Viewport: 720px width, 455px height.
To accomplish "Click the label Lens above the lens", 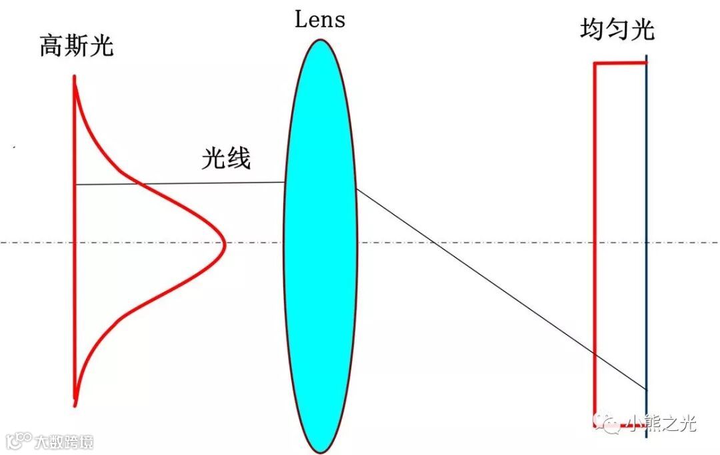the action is point(320,19).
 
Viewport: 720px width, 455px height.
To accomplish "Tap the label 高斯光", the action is point(77,47).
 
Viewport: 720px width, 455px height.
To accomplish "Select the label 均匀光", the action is point(617,31).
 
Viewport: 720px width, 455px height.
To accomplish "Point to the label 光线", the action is point(227,159).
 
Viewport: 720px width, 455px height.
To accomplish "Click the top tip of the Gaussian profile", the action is point(75,77).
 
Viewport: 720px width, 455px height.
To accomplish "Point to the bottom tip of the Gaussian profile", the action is point(75,404).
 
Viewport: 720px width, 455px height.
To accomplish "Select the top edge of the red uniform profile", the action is point(620,63).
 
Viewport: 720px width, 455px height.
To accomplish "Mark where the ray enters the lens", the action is point(285,182).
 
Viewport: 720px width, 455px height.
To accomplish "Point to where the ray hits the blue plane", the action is point(646,389).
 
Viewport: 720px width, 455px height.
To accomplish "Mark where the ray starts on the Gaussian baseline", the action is point(75,184).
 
